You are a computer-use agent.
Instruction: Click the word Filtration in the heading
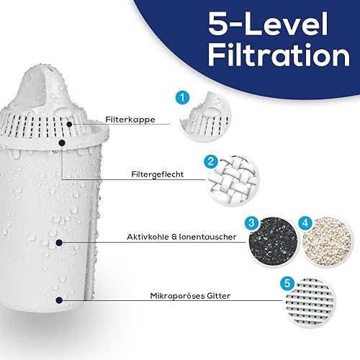tap(279, 55)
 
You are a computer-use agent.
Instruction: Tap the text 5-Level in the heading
tap(268, 24)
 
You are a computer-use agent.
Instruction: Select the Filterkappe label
tap(130, 120)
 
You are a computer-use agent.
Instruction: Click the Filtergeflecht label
tap(158, 174)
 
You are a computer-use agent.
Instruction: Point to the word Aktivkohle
tap(148, 237)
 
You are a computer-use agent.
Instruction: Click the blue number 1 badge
tap(182, 98)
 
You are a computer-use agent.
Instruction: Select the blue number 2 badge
tap(211, 161)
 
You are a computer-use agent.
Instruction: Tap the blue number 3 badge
tap(251, 223)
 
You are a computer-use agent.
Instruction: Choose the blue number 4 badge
tap(305, 223)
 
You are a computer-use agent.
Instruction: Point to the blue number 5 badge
tap(287, 283)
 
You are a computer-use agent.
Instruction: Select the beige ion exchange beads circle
tap(327, 241)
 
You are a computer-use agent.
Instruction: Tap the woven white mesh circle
tap(233, 181)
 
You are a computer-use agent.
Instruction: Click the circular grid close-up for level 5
tap(310, 302)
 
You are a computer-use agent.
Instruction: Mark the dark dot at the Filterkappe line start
tap(69, 125)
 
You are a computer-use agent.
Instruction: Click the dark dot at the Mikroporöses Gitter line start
tap(59, 300)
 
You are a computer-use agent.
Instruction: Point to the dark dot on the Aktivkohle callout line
tap(59, 243)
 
